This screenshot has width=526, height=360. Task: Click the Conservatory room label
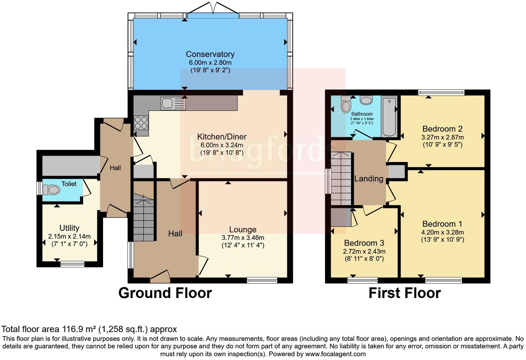210,54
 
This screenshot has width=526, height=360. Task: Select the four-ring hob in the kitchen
141,123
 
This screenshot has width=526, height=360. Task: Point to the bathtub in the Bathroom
389,116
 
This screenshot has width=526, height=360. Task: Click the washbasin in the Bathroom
366,100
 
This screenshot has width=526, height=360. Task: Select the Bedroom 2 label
442,129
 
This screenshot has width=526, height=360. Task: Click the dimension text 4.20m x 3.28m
442,232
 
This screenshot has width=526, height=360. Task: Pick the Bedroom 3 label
364,243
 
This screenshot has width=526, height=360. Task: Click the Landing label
369,179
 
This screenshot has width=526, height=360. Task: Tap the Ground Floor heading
165,293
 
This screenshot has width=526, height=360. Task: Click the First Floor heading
405,293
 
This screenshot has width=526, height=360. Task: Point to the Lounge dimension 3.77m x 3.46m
243,238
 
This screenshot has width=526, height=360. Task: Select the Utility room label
69,228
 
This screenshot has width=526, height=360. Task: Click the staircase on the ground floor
144,218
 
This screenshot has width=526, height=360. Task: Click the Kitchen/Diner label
222,136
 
